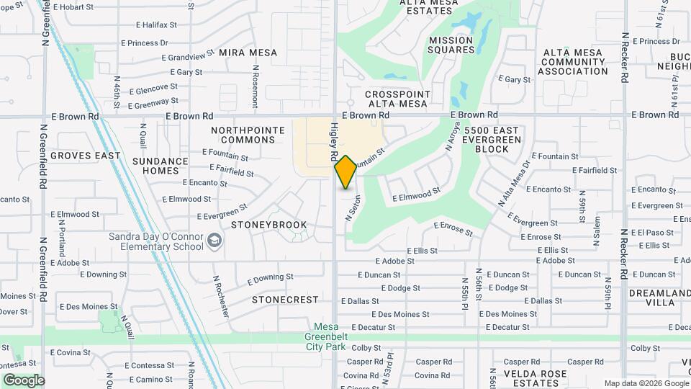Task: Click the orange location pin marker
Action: coord(345,171)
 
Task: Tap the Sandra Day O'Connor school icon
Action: coord(214,240)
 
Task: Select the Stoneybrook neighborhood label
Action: coord(269,225)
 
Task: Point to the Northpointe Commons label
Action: coord(243,135)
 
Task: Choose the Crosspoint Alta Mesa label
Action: coord(397,99)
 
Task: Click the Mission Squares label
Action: coord(451,45)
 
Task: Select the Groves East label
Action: coord(85,156)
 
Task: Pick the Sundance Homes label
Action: coord(160,166)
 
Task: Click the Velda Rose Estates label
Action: coord(533,378)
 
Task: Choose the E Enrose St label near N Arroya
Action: coord(453,229)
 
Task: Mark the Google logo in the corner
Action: coord(24,380)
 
